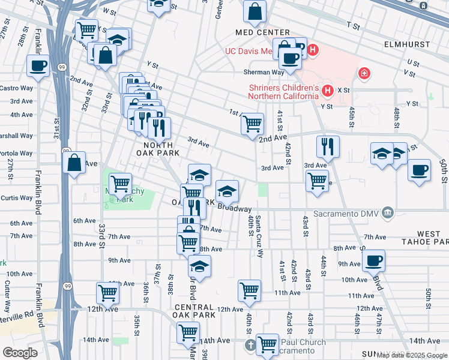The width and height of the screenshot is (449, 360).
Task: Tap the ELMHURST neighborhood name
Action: tap(408, 44)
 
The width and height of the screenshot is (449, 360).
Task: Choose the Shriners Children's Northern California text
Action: tap(284, 91)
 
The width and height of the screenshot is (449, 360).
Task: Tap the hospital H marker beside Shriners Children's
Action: tap(328, 91)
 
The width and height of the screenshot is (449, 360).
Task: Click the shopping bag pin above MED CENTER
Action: tap(255, 11)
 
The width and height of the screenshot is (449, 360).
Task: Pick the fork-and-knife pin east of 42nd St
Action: tap(328, 146)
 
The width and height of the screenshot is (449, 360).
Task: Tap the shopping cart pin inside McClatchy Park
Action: tap(121, 182)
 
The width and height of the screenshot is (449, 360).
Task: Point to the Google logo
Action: tap(20, 353)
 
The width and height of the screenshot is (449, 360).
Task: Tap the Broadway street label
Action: tap(234, 208)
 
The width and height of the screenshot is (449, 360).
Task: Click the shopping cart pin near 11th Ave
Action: tap(249, 290)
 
